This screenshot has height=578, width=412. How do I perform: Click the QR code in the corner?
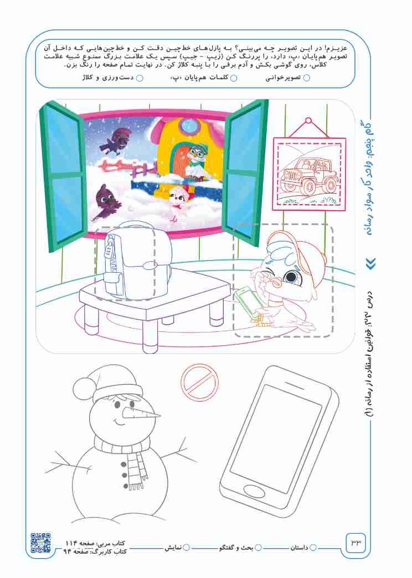point(40,543)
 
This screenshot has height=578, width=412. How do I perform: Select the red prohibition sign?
point(199,382)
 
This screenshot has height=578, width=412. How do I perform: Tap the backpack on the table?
point(138,261)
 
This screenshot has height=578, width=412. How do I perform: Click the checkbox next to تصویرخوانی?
point(306,78)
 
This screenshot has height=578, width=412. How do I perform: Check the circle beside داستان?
point(313,548)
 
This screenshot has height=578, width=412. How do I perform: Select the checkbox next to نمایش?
point(187,548)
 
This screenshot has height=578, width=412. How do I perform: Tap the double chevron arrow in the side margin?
point(372,263)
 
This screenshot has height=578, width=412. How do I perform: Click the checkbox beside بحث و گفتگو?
point(259,548)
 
